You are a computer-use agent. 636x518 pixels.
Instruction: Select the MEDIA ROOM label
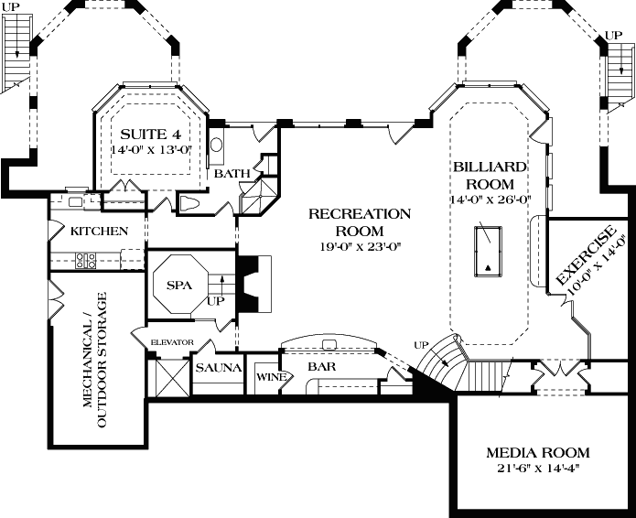tap(537, 453)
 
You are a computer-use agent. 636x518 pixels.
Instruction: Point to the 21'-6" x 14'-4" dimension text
tap(537, 469)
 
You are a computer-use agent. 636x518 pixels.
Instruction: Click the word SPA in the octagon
tap(178, 286)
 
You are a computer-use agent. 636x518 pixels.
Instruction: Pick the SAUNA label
tap(218, 368)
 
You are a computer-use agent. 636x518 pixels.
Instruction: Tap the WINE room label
tap(267, 376)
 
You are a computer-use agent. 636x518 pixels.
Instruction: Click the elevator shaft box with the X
tap(173, 376)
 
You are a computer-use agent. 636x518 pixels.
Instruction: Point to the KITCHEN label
tap(99, 232)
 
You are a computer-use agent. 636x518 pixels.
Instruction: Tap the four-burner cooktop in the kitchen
tap(87, 260)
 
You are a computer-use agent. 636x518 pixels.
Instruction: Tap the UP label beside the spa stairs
tap(216, 300)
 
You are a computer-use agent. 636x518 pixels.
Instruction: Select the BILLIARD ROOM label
tap(489, 176)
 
